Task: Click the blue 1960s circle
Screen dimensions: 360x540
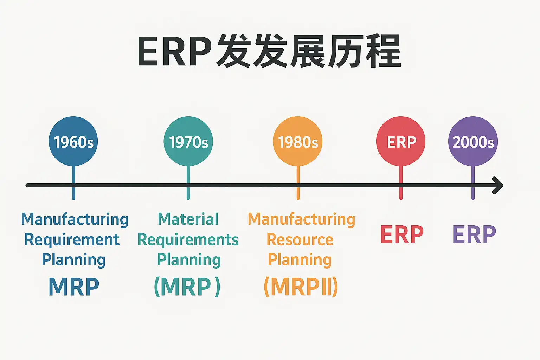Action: [x=73, y=141]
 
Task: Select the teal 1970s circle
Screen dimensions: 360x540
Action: [x=188, y=141]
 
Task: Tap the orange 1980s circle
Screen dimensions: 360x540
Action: [x=298, y=141]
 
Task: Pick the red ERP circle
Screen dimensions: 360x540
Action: [x=401, y=141]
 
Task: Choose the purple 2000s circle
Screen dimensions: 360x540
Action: [x=473, y=141]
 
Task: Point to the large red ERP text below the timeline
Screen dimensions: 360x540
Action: [x=402, y=234]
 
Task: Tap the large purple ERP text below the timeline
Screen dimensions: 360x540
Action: [x=474, y=234]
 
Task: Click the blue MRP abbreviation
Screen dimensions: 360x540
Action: [x=74, y=287]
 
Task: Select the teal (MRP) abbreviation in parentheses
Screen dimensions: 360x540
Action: [x=187, y=287]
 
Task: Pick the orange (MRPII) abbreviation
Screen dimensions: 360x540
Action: [x=301, y=287]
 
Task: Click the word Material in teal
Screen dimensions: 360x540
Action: [x=188, y=219]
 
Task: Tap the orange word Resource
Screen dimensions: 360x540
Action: [x=300, y=240]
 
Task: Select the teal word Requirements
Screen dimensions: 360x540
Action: [x=188, y=240]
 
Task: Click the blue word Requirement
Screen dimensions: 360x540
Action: [x=72, y=240]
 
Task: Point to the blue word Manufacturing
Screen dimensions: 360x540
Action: [x=75, y=219]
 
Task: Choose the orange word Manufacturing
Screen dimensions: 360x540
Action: [x=301, y=219]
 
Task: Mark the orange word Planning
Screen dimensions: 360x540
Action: [x=300, y=260]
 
